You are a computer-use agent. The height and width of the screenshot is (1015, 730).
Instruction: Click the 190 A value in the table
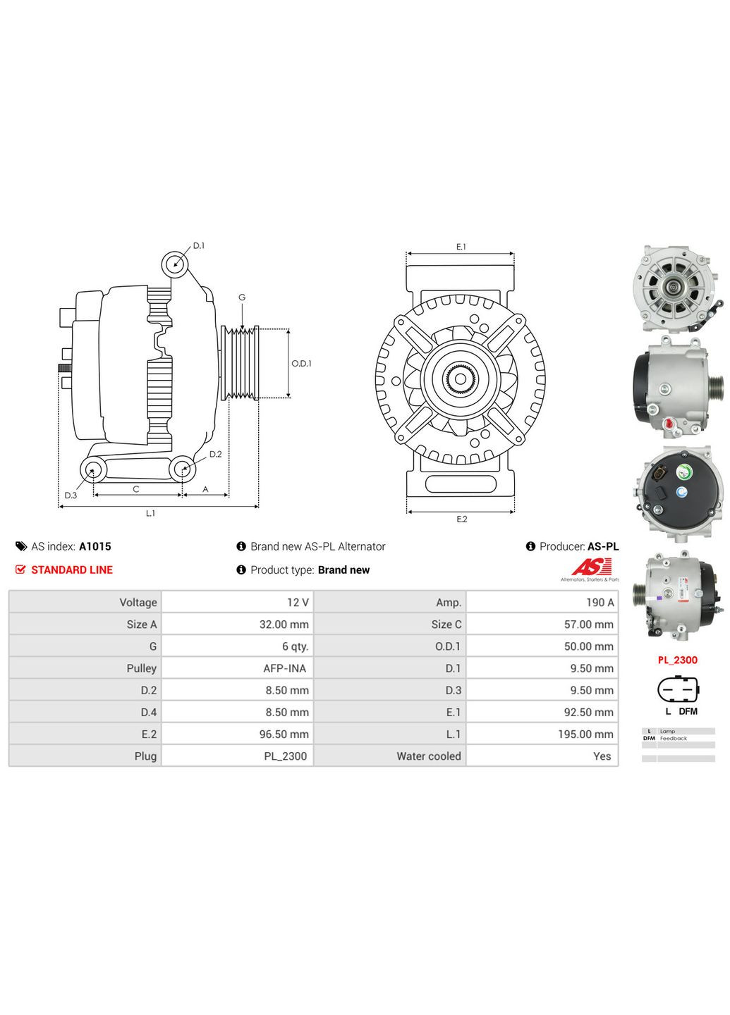600,602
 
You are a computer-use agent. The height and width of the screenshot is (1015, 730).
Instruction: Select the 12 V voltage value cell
297,602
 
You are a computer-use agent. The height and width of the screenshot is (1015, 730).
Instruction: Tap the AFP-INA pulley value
284,668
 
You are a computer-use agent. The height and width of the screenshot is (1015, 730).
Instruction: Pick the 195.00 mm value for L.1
585,734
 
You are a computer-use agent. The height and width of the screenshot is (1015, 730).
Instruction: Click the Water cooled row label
428,756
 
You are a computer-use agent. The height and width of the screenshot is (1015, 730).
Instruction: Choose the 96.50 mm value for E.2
284,734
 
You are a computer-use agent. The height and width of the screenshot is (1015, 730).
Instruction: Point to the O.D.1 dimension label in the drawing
301,364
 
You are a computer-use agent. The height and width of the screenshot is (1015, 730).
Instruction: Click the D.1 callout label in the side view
199,246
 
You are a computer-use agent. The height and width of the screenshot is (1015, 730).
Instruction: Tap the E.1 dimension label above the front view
461,247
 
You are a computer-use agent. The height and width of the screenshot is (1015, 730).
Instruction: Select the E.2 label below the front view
461,519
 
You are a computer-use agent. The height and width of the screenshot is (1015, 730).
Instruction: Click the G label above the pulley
242,297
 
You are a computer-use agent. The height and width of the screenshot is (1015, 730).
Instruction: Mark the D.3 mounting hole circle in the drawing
92,469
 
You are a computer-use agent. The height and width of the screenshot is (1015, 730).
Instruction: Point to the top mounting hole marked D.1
175,264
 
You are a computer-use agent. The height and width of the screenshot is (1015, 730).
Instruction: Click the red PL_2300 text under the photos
677,660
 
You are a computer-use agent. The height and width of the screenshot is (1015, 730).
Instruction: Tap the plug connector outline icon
678,689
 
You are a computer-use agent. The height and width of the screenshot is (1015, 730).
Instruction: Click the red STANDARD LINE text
71,570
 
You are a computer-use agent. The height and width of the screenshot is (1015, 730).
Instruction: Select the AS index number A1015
95,546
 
